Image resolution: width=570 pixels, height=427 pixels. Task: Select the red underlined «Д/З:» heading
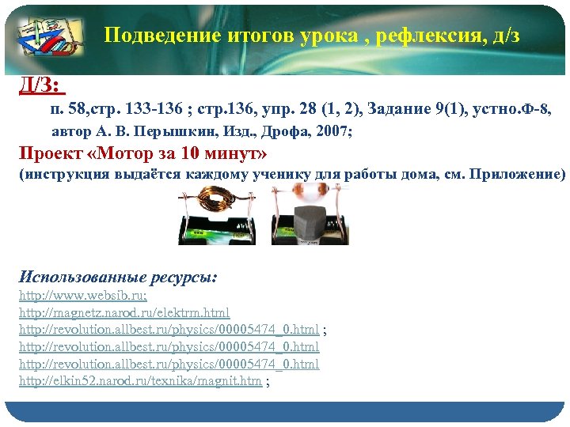[41, 84]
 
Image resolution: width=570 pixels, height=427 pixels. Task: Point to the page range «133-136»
[156, 108]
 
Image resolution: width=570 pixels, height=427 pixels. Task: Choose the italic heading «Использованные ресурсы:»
[118, 278]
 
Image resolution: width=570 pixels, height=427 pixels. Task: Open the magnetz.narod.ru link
[124, 313]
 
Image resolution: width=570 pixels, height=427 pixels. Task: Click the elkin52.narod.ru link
[140, 381]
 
